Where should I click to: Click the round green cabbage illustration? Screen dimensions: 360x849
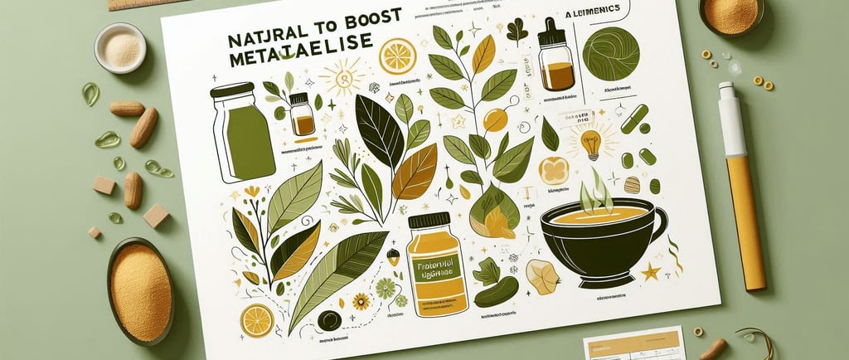[x=611, y=53]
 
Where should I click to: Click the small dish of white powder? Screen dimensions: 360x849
[x=120, y=47]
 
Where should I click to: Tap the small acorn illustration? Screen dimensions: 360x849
[x=393, y=256]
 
